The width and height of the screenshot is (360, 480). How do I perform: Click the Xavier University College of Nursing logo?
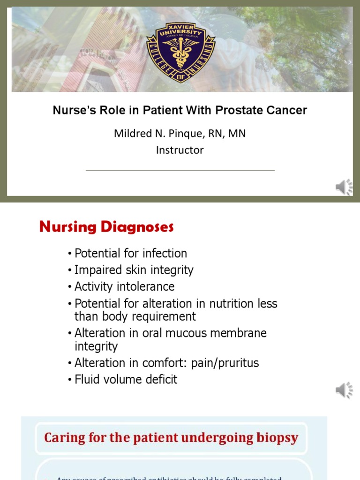[x=180, y=52]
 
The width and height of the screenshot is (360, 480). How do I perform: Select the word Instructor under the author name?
[x=180, y=150]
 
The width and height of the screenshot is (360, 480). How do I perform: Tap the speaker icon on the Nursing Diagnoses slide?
[x=344, y=390]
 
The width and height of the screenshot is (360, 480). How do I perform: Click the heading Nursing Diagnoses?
[x=106, y=227]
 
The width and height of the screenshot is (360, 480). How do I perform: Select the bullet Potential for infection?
[x=131, y=254]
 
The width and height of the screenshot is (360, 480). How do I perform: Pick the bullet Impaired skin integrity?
[x=134, y=270]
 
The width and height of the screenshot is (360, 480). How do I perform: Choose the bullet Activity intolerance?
[x=124, y=286]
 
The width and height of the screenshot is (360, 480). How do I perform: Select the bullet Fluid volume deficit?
[x=126, y=379]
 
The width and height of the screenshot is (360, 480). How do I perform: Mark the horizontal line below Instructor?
[x=180, y=170]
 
